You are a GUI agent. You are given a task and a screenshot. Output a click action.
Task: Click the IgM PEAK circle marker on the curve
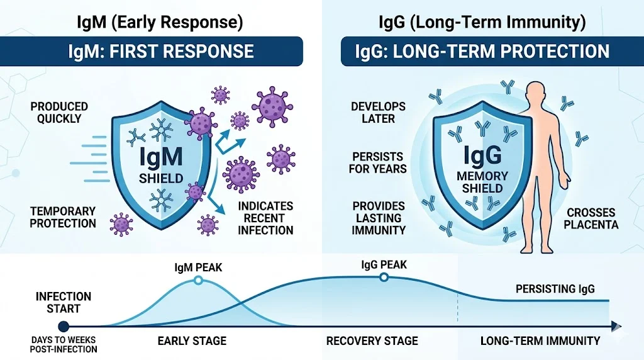198,281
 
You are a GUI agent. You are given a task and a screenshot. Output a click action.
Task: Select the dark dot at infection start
63,326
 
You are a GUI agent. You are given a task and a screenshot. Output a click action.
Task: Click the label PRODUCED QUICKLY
59,113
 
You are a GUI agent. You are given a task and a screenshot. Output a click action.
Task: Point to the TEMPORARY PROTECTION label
63,217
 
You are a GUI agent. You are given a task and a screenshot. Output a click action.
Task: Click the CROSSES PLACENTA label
592,218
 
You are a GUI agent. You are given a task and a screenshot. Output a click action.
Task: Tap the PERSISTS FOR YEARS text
379,162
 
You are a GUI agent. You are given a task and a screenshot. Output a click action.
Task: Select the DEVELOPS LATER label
378,112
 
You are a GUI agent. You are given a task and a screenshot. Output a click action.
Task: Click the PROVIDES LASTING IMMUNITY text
379,218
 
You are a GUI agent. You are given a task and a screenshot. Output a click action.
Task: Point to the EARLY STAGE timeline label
191,341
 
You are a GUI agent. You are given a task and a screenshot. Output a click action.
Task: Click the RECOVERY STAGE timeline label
372,341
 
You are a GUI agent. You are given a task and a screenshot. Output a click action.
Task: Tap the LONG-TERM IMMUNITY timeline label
540,341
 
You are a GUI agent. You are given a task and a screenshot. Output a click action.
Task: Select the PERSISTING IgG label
554,289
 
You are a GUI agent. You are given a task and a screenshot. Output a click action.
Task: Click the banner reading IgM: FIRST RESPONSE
161,51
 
